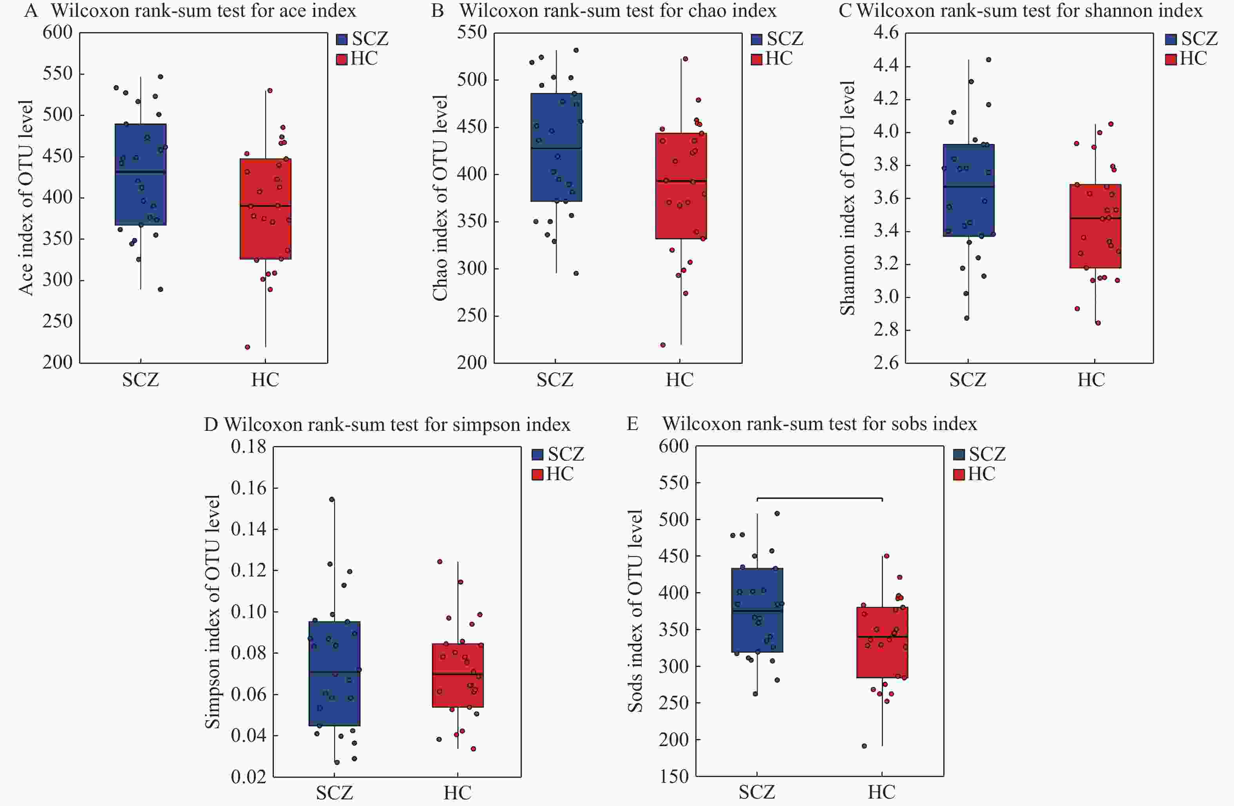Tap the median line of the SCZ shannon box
pos(968,186)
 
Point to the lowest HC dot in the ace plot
pos(247,347)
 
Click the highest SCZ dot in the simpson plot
pos(332,499)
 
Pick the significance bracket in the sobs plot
pos(819,498)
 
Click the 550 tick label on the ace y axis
pos(57,74)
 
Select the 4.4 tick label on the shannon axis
pos(886,66)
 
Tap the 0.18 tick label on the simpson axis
pos(248,446)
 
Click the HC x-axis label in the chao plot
pos(679,380)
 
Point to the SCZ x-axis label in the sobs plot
pos(756,792)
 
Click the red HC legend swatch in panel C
pos(1171,59)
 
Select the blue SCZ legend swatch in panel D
pos(537,455)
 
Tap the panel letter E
pos(632,424)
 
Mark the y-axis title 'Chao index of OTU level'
pos(440,197)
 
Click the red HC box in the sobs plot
pos(882,642)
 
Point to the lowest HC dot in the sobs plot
pos(864,746)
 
